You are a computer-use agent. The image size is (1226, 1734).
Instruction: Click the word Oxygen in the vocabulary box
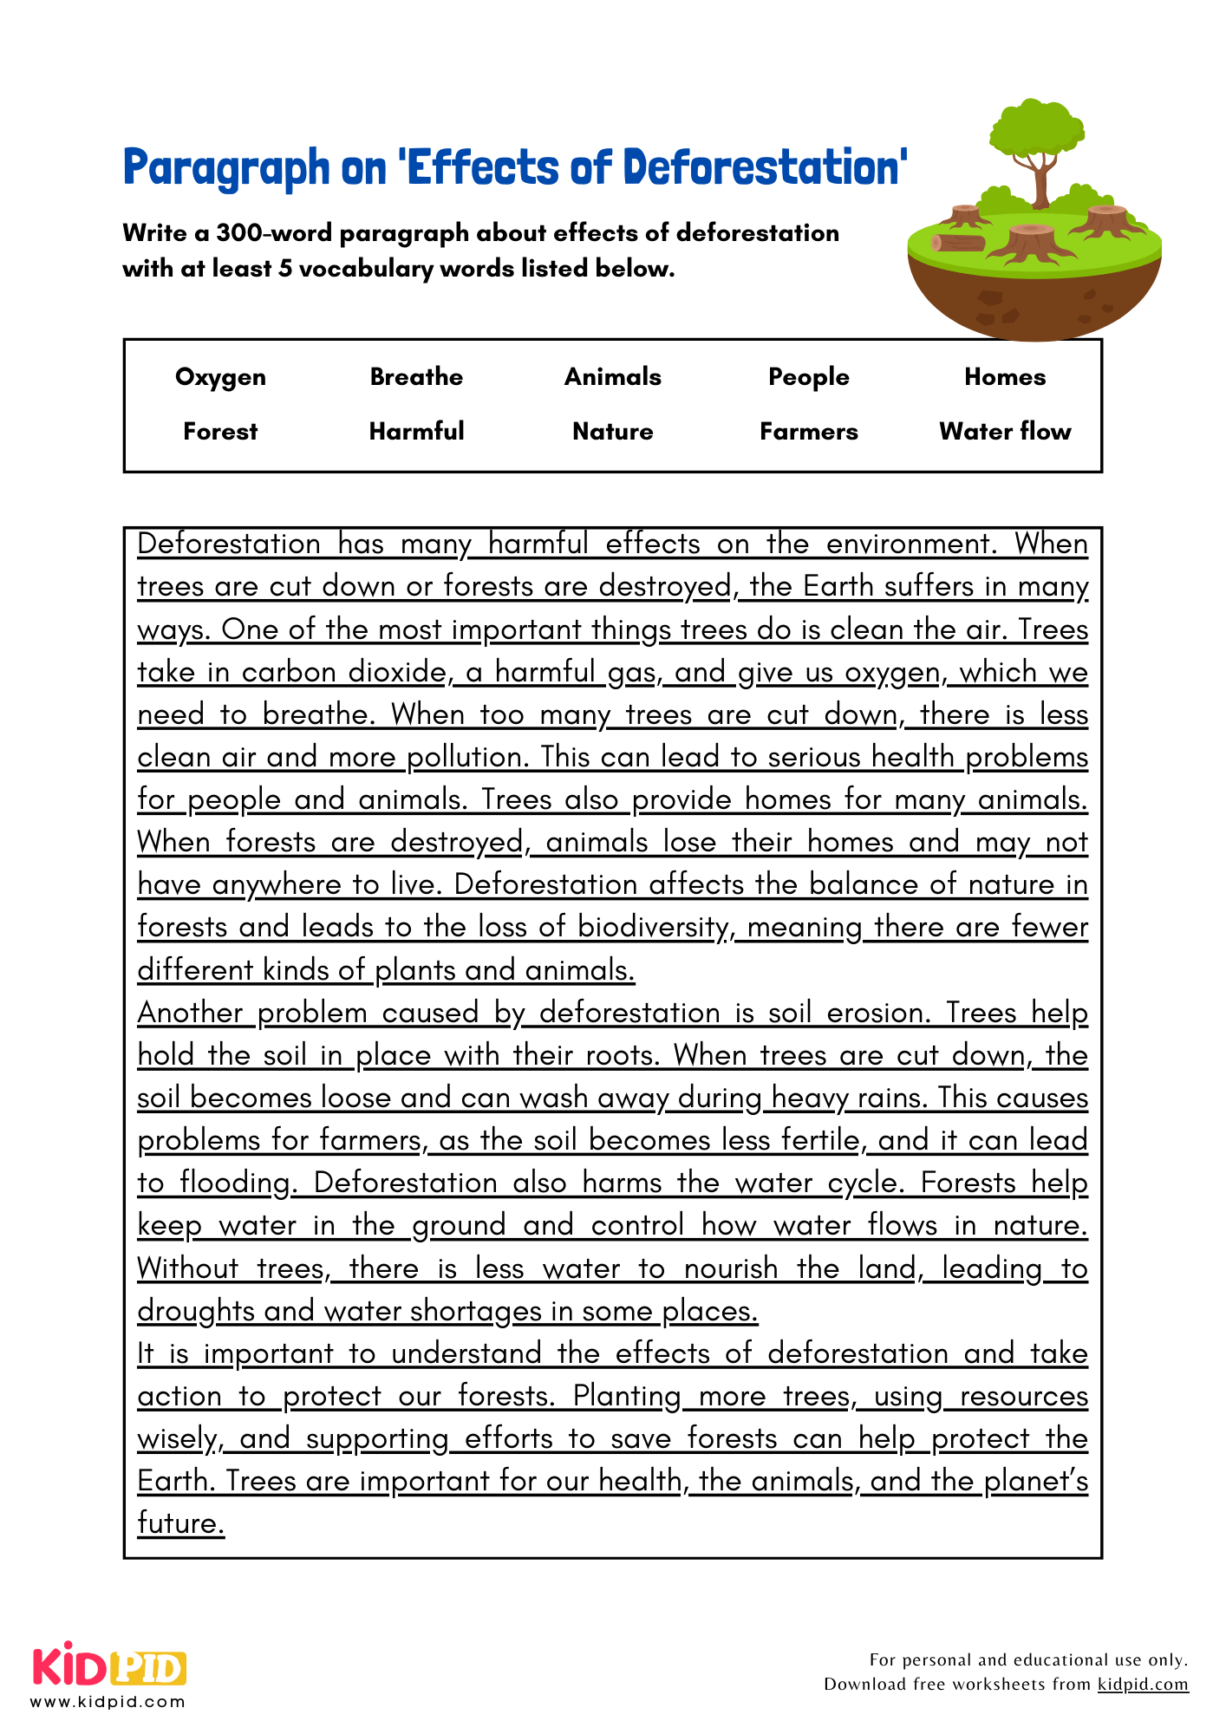[220, 377]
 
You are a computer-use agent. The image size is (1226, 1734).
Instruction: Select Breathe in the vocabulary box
[416, 377]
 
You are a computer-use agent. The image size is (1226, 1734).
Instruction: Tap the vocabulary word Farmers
[808, 432]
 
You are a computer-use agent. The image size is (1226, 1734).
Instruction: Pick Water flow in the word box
[1005, 432]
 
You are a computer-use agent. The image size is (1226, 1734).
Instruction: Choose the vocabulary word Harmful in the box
[416, 432]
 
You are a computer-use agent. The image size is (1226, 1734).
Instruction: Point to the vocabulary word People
[808, 377]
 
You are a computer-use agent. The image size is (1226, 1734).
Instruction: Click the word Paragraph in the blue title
[226, 167]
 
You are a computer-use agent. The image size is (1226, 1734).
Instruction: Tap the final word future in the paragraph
[180, 1523]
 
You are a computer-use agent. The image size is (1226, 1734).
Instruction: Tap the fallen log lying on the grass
[958, 243]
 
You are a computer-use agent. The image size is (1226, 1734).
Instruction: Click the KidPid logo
[109, 1666]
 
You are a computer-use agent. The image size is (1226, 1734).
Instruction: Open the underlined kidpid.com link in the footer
[1143, 1684]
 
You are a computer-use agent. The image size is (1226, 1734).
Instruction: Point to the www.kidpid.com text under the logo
[108, 1702]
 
